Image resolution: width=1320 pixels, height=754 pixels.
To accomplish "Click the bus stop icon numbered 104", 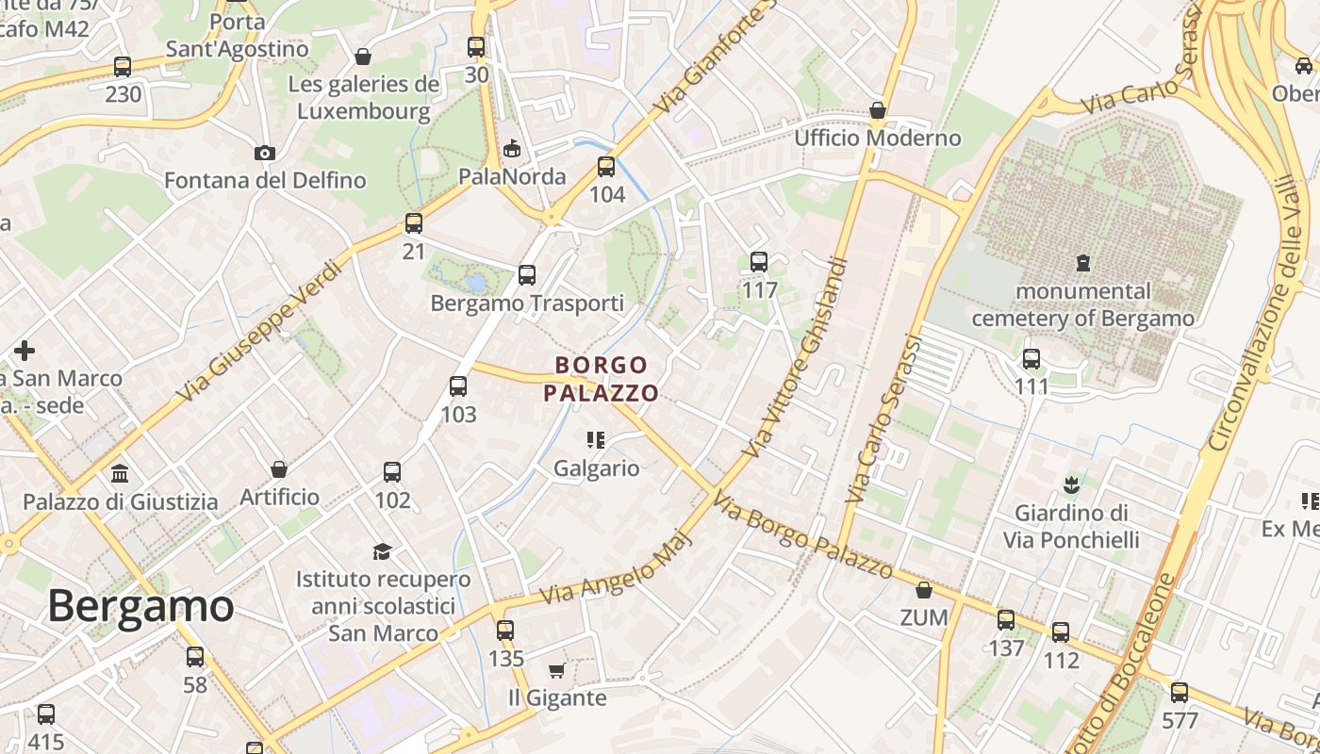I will [x=606, y=167].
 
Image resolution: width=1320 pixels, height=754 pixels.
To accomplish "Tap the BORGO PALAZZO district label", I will [x=602, y=379].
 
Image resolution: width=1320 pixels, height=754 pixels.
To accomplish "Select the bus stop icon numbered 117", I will [x=759, y=262].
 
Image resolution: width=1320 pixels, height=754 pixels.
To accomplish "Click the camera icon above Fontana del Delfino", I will [x=265, y=153].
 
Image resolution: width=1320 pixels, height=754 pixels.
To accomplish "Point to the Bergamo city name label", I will [x=140, y=606].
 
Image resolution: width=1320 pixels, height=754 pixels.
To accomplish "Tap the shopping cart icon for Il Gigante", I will [x=556, y=670].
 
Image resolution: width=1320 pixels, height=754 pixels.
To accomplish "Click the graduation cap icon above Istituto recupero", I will [x=382, y=550].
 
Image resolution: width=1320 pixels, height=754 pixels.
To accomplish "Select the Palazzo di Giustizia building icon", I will [x=120, y=473].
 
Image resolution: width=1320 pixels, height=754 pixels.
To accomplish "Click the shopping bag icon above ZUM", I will [x=924, y=590].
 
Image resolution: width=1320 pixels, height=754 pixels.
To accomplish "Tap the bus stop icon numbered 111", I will [x=1031, y=359].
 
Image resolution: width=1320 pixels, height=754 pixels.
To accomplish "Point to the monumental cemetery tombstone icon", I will [x=1082, y=263].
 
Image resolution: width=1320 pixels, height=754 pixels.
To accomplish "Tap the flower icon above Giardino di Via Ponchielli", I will [x=1070, y=486].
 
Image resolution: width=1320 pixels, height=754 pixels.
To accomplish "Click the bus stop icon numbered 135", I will [x=505, y=631].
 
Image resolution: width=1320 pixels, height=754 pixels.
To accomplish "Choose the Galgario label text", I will [x=596, y=468].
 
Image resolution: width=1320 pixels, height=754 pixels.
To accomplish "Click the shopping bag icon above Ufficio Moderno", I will [x=878, y=110].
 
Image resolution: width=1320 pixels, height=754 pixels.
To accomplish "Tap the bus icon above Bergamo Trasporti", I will [x=527, y=275].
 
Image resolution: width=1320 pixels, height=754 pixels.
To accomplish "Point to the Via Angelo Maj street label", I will [x=617, y=568].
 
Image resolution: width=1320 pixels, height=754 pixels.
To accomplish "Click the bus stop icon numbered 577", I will [x=1180, y=694].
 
